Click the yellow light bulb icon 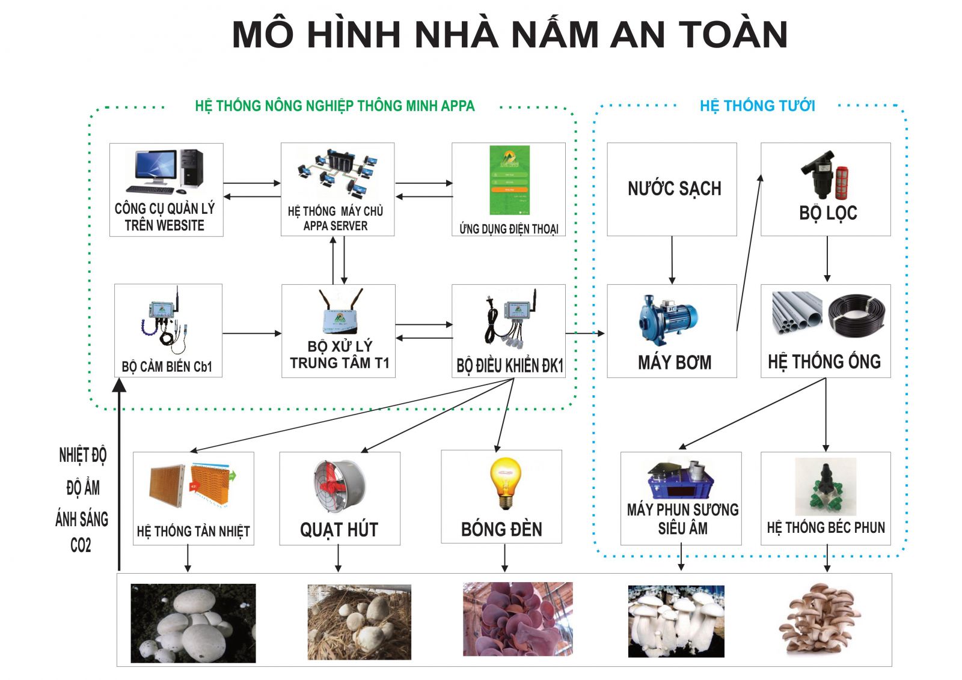(x=505, y=483)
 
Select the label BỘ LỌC (x=827, y=213)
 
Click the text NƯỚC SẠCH (x=674, y=189)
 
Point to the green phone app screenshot (x=510, y=180)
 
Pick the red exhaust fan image (x=339, y=485)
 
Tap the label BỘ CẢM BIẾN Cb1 (x=167, y=367)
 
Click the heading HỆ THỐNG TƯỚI (x=757, y=106)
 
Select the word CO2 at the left (x=81, y=545)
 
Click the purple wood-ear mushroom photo (x=518, y=619)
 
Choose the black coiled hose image (x=857, y=315)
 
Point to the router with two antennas (x=340, y=312)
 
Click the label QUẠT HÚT (x=339, y=529)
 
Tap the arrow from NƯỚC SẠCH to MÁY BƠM (x=672, y=260)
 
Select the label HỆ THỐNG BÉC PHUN (x=826, y=527)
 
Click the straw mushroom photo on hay (x=360, y=622)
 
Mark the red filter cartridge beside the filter (x=842, y=183)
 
